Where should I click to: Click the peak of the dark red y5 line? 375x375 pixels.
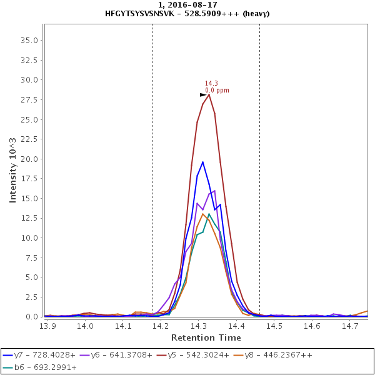pos(209,94)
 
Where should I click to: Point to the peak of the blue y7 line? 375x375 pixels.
pos(202,162)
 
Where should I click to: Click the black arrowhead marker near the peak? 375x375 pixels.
pos(202,95)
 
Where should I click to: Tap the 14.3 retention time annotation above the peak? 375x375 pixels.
pos(211,84)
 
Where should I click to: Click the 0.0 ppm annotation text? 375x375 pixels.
pos(217,91)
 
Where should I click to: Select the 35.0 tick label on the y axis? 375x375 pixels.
pos(30,40)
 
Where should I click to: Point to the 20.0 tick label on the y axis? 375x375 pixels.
pos(30,159)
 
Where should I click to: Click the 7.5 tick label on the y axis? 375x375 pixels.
pos(32,257)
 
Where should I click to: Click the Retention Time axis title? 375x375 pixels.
pos(206,337)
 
